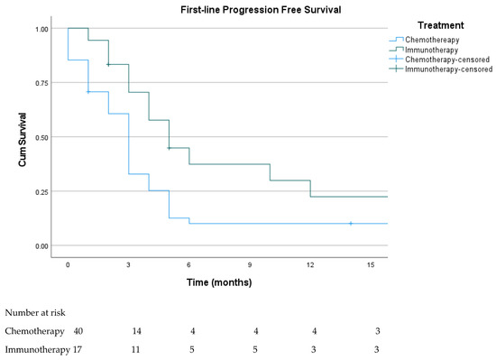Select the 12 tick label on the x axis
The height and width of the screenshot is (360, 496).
click(311, 264)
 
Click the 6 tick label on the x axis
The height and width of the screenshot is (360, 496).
click(189, 264)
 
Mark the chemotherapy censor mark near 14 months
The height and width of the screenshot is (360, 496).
click(351, 223)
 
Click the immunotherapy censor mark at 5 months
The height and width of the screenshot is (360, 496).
click(169, 148)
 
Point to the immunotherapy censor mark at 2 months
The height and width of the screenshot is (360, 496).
click(108, 65)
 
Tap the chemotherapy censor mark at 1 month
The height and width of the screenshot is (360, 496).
click(87, 91)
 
